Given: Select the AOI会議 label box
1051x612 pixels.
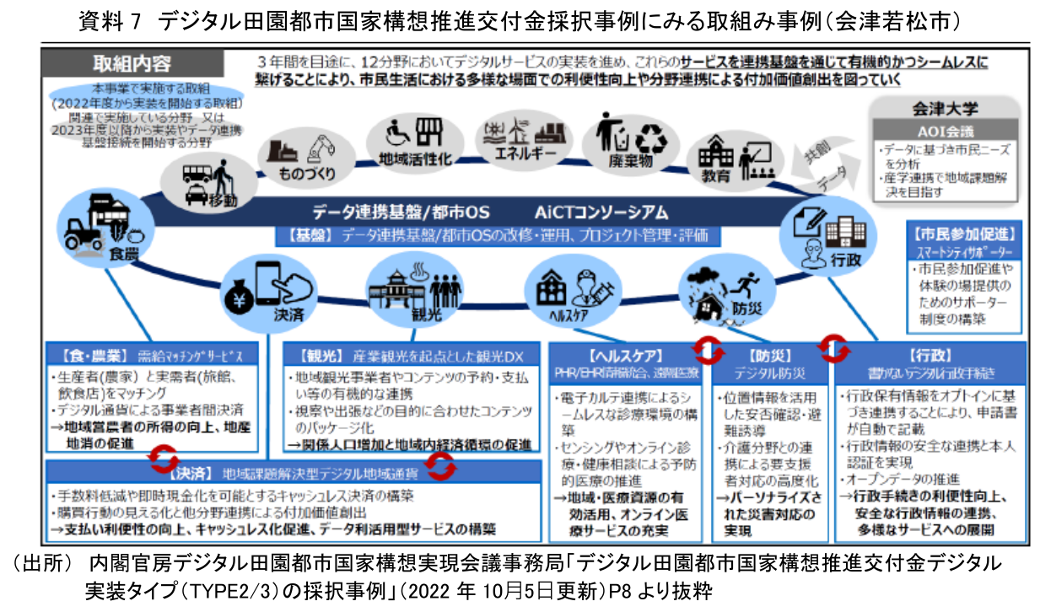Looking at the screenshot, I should click(945, 132).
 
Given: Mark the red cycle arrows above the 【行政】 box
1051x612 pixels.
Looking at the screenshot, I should click(834, 344).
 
